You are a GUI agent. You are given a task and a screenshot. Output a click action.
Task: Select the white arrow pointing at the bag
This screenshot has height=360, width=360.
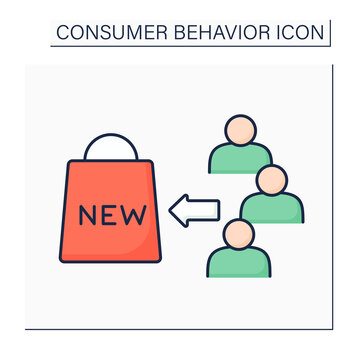197,211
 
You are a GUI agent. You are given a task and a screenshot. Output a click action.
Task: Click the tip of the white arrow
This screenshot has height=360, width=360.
172,211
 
